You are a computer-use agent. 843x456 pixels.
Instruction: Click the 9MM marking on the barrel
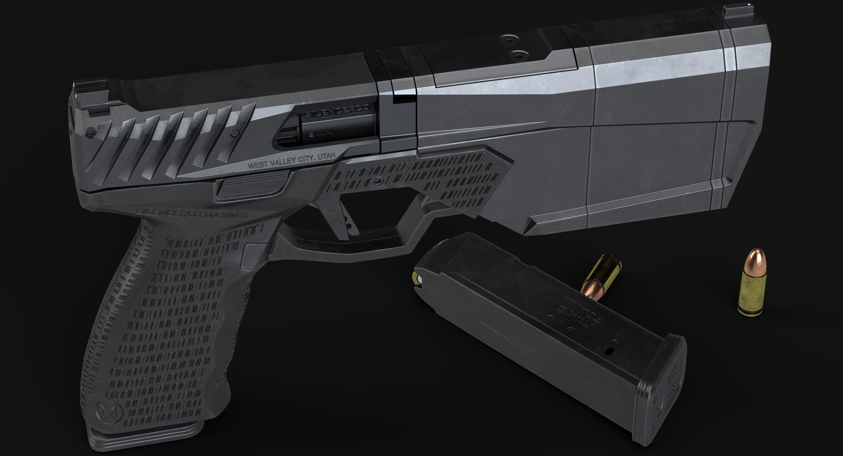321,133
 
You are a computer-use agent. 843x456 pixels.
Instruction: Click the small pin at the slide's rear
90,132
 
